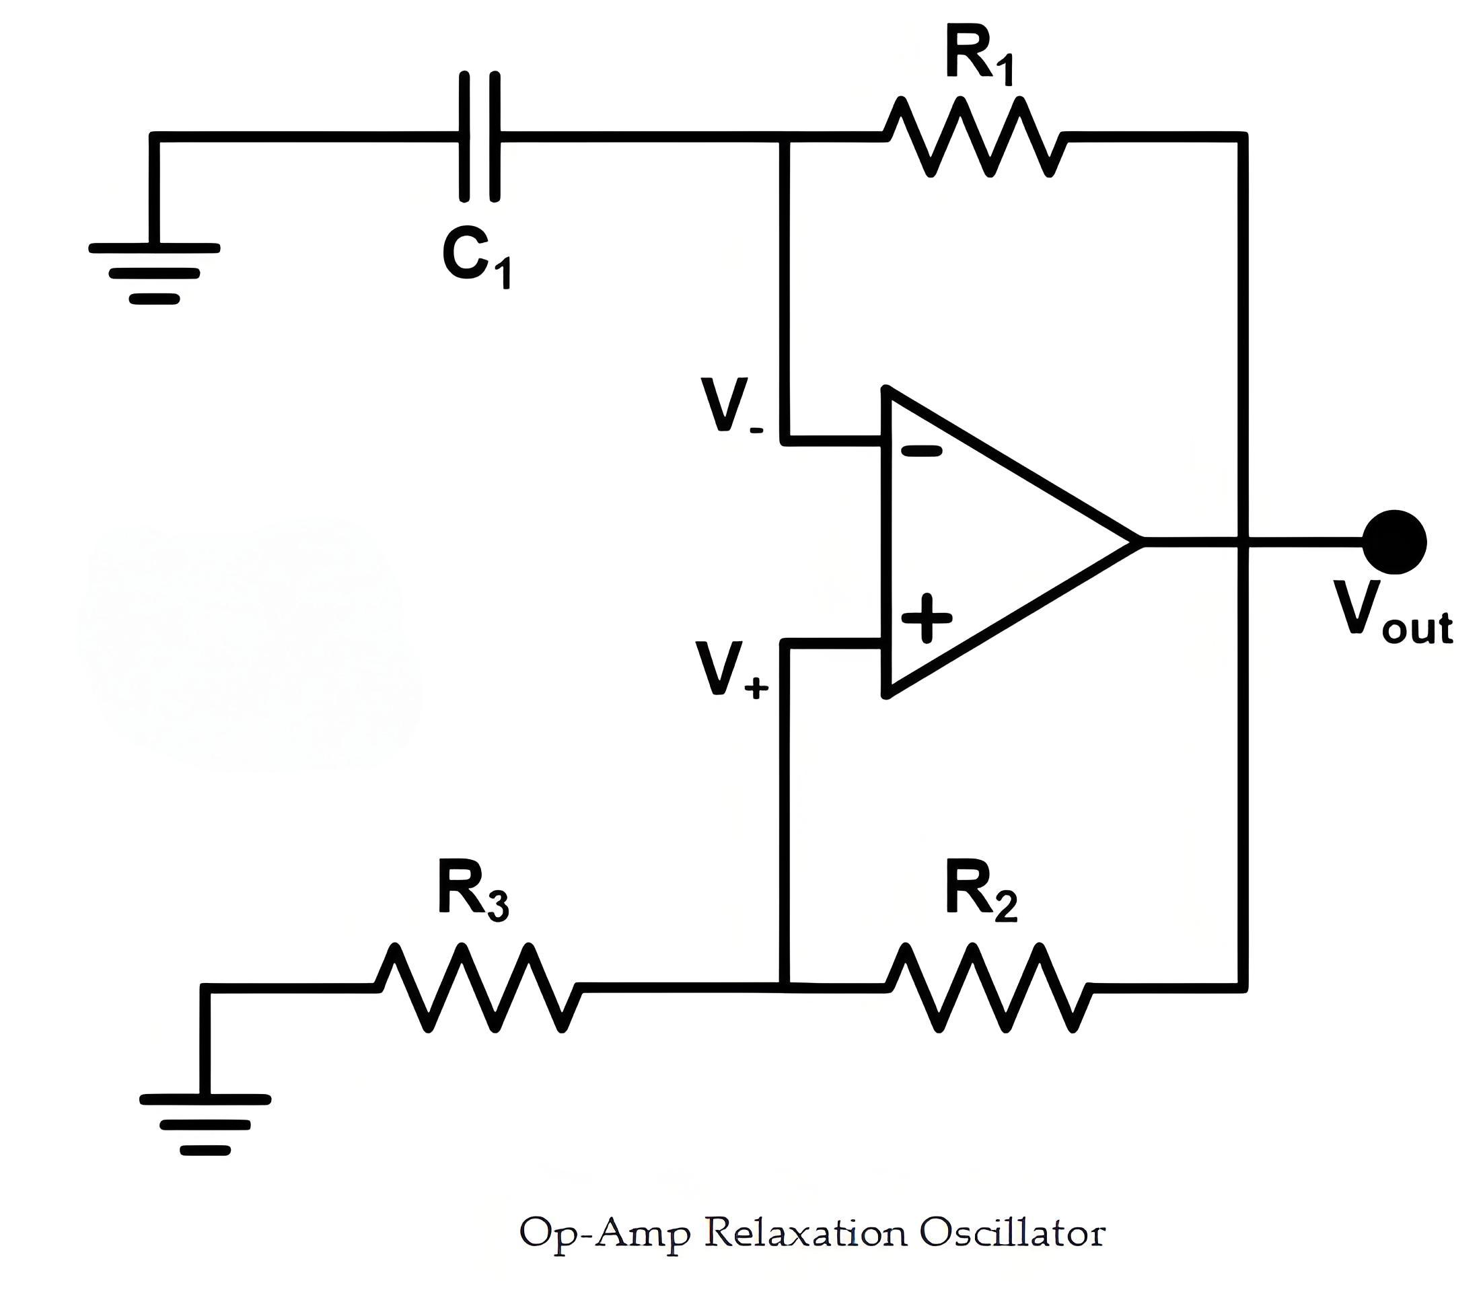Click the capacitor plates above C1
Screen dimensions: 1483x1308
pos(480,137)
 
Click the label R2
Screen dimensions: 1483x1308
pos(981,892)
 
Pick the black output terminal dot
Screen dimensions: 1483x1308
pos(1394,542)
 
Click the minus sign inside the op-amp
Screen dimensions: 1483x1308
pos(921,451)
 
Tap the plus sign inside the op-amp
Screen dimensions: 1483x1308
pos(926,619)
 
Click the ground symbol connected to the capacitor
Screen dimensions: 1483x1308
pos(154,272)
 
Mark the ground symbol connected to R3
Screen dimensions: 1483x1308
pos(205,1124)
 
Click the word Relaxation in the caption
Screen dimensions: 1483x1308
pos(805,1233)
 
